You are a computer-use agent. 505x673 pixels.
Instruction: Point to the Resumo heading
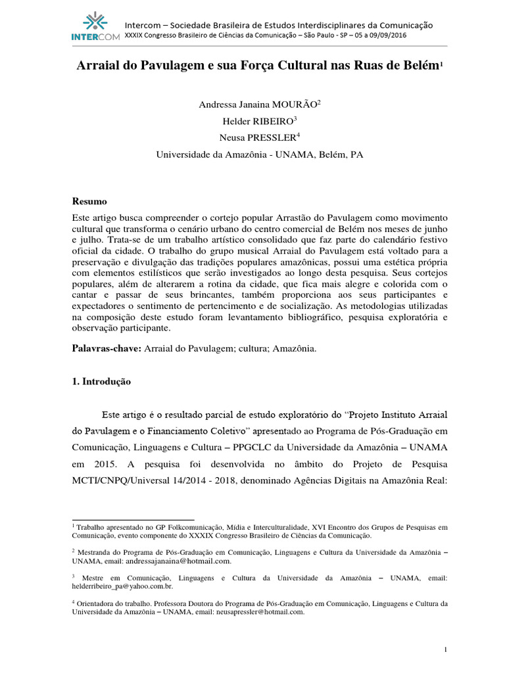pyautogui.click(x=89, y=201)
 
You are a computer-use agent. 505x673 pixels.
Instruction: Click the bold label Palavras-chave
pyautogui.click(x=105, y=348)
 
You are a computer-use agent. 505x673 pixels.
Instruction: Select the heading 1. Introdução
pyautogui.click(x=101, y=382)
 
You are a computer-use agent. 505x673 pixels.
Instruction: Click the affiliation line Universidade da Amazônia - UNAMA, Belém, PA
pyautogui.click(x=259, y=155)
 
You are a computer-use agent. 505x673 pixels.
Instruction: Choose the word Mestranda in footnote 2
pyautogui.click(x=95, y=553)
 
